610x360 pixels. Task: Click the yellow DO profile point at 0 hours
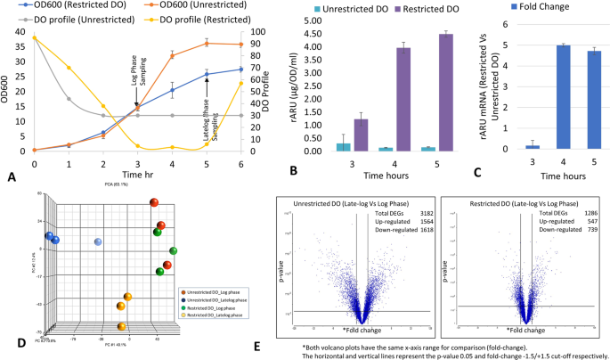pyautogui.click(x=35, y=38)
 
